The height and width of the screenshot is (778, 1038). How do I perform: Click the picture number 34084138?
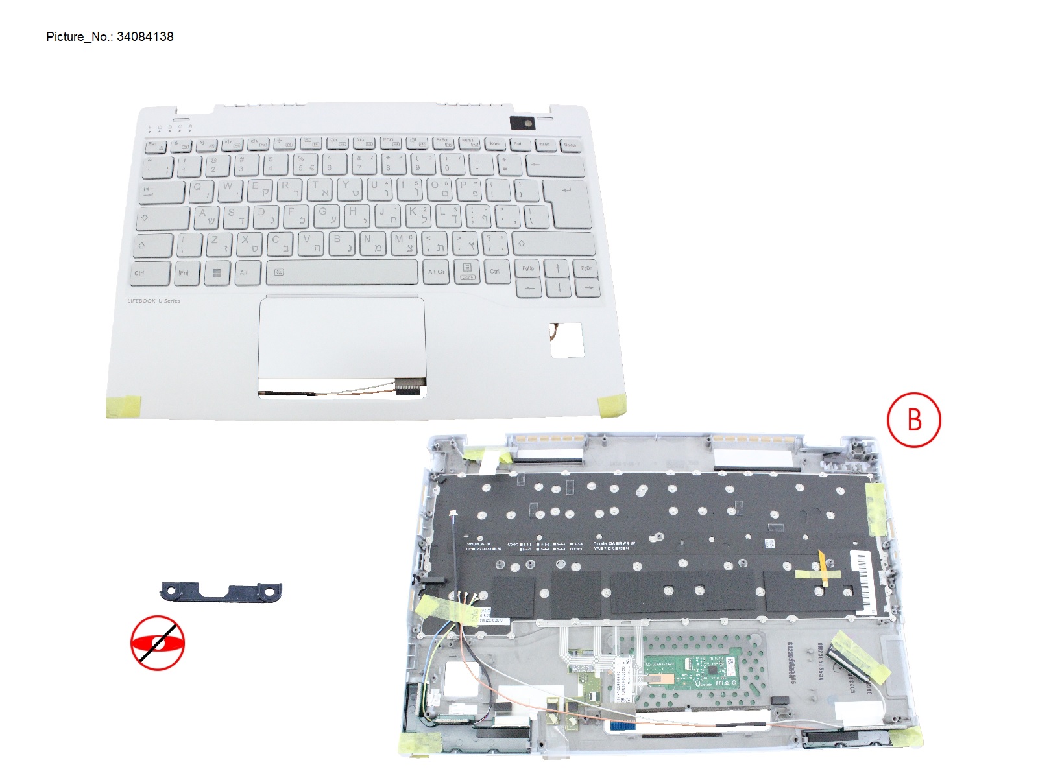coord(145,37)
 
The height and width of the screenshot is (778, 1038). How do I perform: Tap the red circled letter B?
coord(913,419)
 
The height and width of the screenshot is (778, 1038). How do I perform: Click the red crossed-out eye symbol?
coord(158,643)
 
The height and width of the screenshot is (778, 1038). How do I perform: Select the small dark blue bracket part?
coord(221,592)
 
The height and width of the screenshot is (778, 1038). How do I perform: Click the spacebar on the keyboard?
coord(341,272)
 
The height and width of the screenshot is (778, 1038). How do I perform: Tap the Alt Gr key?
coord(436,272)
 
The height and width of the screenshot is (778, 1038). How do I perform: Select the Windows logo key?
coord(217,273)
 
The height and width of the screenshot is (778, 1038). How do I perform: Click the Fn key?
coord(184,273)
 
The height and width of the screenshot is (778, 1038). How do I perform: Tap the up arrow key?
coord(557,268)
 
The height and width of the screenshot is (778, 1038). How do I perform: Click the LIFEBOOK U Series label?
coord(154,301)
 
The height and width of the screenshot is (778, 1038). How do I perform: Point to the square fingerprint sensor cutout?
coord(567,340)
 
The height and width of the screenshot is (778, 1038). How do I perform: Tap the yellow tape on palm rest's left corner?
coord(123,406)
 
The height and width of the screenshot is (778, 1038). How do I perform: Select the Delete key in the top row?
coord(570,145)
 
